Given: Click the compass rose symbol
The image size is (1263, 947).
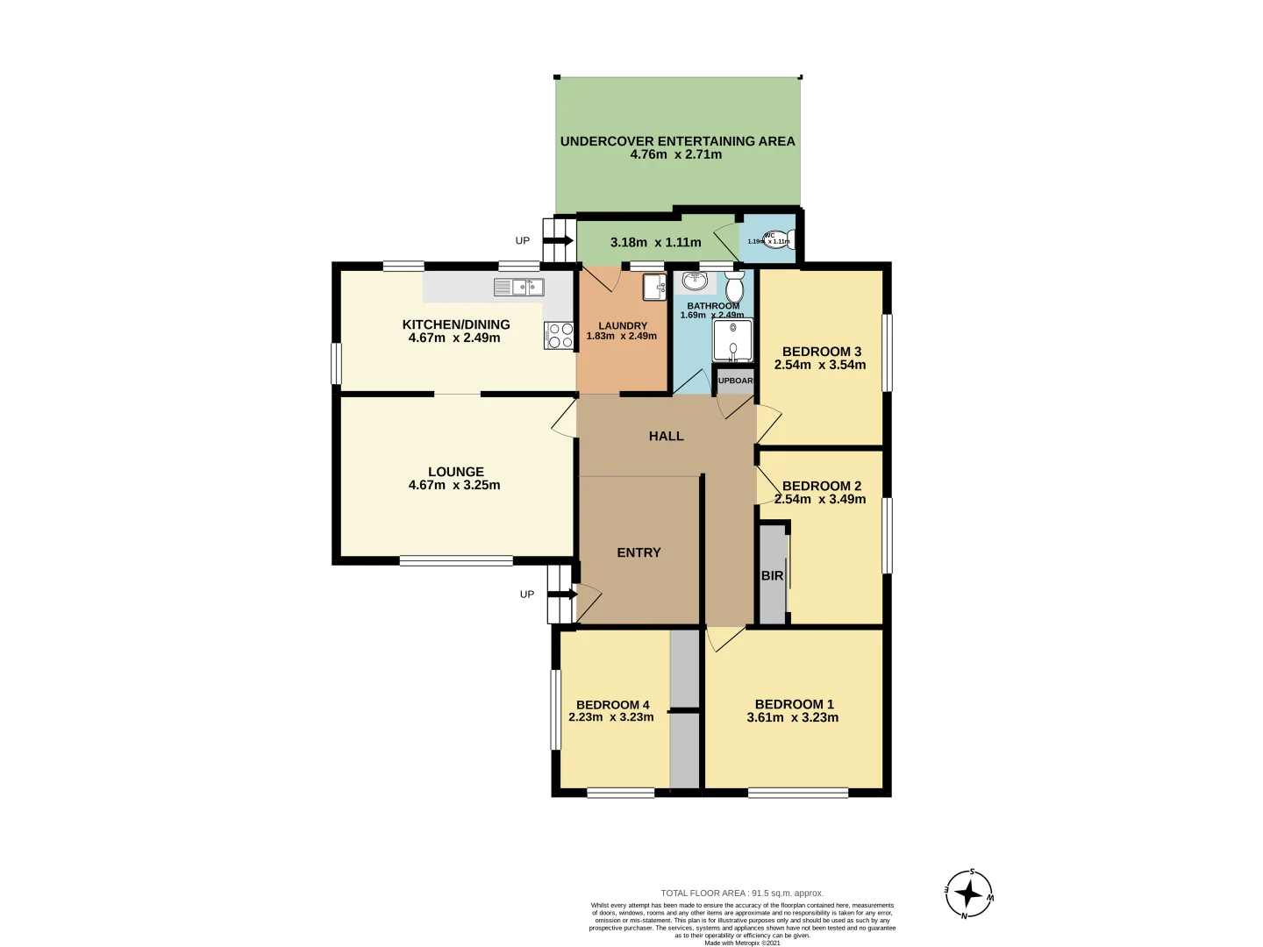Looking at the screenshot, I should point(968,894).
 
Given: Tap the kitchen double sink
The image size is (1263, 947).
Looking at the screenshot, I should point(518,287).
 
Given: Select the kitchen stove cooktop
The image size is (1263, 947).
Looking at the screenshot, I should point(560,336).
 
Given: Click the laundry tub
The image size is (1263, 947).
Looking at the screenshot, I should point(653,287).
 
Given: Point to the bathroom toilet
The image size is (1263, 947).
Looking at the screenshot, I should point(734,286).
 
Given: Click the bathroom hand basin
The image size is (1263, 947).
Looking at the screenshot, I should point(696,281).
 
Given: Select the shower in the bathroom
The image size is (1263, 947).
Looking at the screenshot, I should point(732,341).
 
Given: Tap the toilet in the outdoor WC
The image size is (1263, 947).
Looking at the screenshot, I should point(775,239).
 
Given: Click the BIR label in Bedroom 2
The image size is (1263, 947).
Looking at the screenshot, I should point(772,576).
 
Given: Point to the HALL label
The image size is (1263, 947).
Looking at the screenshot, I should point(666,436).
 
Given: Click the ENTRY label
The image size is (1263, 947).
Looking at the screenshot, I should point(639,552).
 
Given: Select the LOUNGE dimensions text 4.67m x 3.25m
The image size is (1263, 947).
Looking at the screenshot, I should point(454,485).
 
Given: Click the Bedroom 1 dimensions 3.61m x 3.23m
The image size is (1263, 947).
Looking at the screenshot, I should point(792,717).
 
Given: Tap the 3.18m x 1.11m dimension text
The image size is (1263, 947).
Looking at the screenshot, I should point(655,242).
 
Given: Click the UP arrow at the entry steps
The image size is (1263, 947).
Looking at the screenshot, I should point(562,595).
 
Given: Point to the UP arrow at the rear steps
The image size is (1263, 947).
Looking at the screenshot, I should point(558,240).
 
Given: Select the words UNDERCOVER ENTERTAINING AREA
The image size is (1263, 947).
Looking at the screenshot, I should point(677,141).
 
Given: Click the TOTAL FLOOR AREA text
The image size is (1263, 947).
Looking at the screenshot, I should point(741,893).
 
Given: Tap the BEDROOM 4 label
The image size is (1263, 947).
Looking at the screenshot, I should point(612,705).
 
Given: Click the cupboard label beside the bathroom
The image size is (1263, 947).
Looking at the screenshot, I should point(734,381).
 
